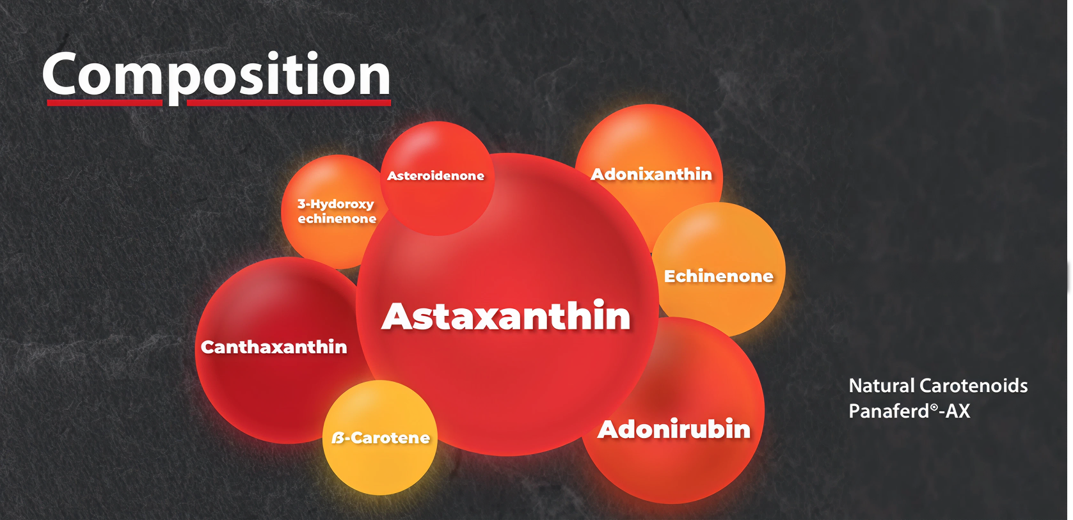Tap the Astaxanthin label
[506, 316]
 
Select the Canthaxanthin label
[273, 347]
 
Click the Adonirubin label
[674, 429]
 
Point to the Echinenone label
[719, 276]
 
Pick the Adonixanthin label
[651, 174]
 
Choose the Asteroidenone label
[436, 176]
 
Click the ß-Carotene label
[380, 437]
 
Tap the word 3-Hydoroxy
[335, 205]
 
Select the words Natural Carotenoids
[938, 386]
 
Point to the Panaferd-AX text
[909, 411]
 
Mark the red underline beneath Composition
[219, 102]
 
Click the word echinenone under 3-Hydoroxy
[337, 219]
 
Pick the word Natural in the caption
[882, 386]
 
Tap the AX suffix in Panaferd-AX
[958, 411]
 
